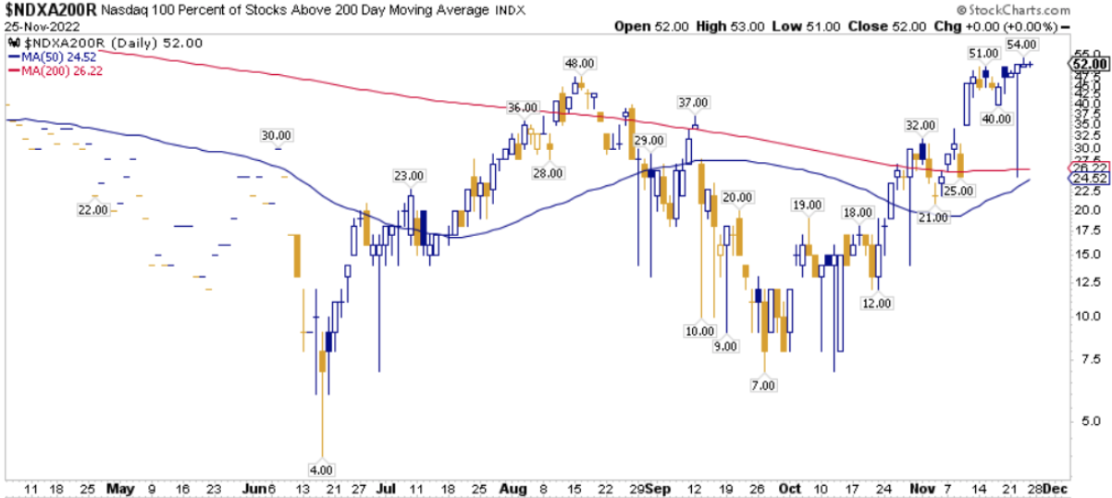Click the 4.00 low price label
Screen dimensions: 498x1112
[x=321, y=469]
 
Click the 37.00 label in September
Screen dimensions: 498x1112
[x=693, y=103]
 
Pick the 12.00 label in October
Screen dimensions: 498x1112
[x=876, y=303]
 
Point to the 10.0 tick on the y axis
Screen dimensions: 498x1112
[x=1086, y=316]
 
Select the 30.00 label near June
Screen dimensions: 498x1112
[x=277, y=135]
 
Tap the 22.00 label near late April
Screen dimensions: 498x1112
[x=94, y=210]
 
